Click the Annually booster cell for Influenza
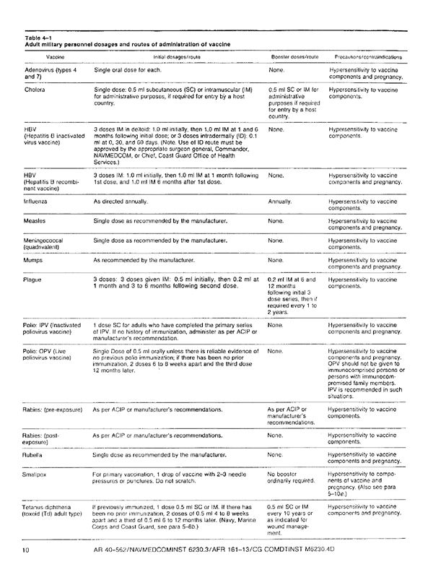tap(279, 202)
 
